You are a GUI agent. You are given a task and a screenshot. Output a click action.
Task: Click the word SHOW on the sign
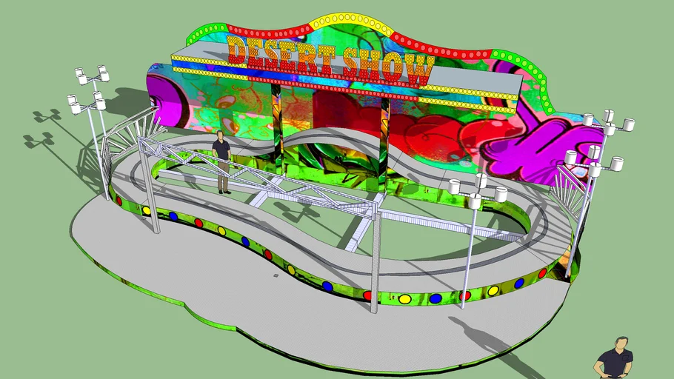tap(386, 67)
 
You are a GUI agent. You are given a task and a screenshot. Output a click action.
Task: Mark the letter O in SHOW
tap(396, 68)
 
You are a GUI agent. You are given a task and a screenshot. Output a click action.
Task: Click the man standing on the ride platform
tap(221, 163)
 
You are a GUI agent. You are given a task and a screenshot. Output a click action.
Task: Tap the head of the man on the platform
tap(219, 135)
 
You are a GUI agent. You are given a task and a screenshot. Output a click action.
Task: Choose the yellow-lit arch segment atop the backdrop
tap(349, 21)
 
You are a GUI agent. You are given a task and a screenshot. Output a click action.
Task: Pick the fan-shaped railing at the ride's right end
tap(570, 185)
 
